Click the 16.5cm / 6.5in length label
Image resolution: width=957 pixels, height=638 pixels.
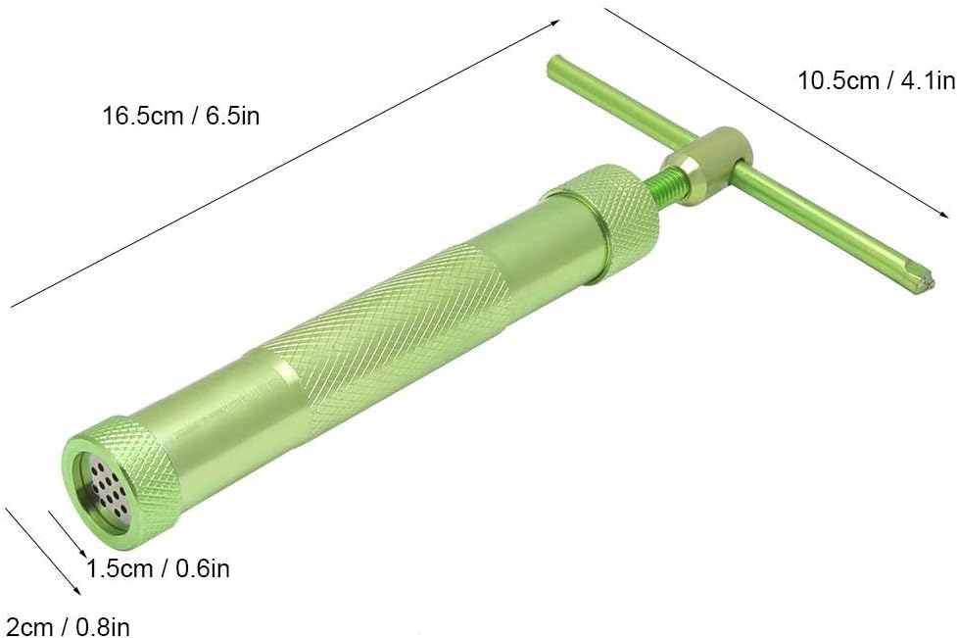[180, 116]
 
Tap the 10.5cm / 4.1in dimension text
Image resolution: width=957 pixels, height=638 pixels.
[877, 80]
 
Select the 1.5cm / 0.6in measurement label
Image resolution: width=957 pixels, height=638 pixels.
[158, 568]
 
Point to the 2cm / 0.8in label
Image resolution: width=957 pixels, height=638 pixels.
[65, 626]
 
